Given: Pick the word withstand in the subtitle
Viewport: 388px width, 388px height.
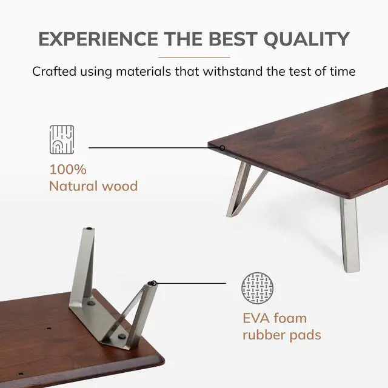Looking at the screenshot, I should tap(230, 71).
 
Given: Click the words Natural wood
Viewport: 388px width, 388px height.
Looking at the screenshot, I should tap(93, 186).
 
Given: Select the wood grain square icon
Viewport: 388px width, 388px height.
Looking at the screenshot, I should tap(61, 138).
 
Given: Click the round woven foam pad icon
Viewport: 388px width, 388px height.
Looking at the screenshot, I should tap(258, 288).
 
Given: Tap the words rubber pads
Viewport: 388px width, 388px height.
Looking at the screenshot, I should tap(281, 335).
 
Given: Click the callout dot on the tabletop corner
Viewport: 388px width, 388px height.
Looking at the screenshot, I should tap(222, 147).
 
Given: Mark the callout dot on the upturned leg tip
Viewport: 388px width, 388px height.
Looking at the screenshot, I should tap(153, 283).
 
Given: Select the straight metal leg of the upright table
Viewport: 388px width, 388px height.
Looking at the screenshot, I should tap(349, 236).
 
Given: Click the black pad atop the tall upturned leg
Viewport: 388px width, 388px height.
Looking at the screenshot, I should tap(89, 229).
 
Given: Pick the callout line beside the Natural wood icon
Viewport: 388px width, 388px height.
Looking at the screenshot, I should tap(152, 147).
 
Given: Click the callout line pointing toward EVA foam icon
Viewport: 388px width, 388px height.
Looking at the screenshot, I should tap(191, 283).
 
